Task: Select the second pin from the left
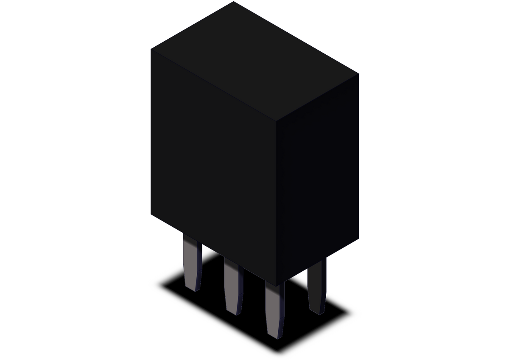pos(233,287)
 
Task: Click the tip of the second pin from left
pos(234,313)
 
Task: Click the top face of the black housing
pos(255,59)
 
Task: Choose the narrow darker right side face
pos(318,178)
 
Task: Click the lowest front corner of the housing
pos(276,285)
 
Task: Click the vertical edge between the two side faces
pos(276,204)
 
